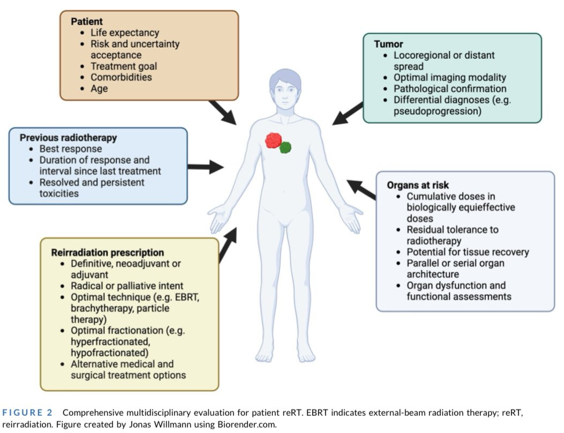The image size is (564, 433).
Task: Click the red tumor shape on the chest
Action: point(273,140)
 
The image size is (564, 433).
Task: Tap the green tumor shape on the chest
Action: point(285,147)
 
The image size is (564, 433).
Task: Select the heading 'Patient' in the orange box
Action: point(86,21)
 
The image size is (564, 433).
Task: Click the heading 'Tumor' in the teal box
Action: point(388,44)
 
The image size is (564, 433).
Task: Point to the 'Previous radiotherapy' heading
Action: point(68,138)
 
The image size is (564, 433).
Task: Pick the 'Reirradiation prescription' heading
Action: point(107,252)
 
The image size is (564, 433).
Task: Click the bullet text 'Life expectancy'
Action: point(125,33)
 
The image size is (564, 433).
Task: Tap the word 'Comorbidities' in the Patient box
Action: point(121,77)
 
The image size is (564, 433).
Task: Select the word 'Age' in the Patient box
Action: point(99,88)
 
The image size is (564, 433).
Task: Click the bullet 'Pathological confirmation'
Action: point(450,89)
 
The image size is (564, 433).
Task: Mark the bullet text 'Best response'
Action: point(70,149)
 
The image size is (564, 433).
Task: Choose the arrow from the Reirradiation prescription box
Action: point(227,244)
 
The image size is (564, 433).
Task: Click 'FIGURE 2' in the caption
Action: point(27,413)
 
